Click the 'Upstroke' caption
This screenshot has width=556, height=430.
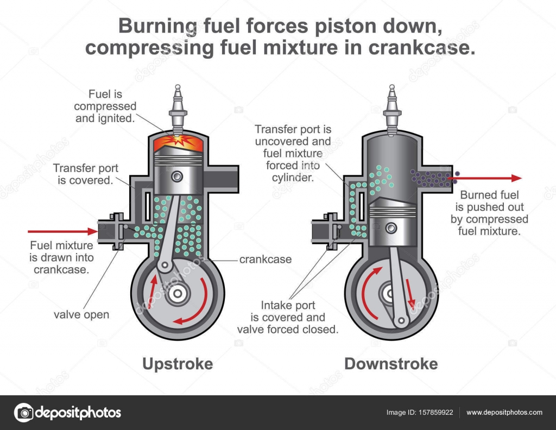177,363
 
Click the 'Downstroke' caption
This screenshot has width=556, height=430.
391,363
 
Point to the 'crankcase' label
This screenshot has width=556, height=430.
265,259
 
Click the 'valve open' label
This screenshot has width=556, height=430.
81,314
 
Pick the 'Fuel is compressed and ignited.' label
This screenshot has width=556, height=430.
105,106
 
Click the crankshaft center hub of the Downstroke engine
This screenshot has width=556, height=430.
390,294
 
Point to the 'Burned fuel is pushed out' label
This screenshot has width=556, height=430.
489,207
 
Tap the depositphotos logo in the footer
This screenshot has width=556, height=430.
68,413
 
